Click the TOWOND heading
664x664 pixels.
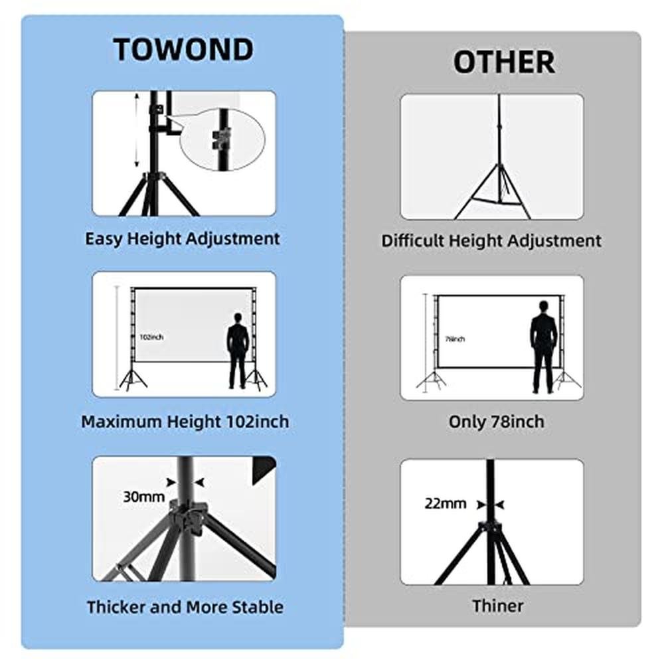point(183,50)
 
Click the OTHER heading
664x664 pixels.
point(504,62)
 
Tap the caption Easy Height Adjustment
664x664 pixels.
point(183,238)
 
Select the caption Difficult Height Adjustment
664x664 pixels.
point(491,240)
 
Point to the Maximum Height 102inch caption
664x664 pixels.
point(185,422)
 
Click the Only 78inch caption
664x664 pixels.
point(496,422)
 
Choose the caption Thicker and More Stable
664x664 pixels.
point(185,606)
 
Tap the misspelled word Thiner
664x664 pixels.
point(498,606)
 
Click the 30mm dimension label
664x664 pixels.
point(143,496)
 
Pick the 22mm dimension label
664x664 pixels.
point(446,503)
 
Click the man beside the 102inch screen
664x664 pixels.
point(238,351)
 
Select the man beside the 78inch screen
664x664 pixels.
point(543,346)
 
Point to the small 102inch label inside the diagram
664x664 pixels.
point(151,337)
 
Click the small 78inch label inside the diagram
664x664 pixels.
point(455,339)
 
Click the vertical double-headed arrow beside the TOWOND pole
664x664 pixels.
point(137,130)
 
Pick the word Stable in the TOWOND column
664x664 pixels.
point(258,606)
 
